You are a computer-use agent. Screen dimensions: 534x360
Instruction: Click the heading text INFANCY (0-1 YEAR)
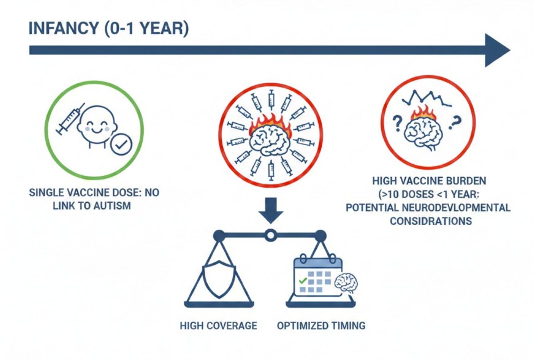(108, 29)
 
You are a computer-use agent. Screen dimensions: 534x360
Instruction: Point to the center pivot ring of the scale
(270, 235)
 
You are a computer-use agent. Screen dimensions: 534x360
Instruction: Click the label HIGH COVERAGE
(218, 325)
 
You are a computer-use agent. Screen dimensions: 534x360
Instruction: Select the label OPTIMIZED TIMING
(321, 325)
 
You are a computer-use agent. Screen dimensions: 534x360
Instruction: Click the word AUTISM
(112, 206)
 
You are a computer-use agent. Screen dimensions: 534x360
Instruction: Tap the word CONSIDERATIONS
(431, 221)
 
